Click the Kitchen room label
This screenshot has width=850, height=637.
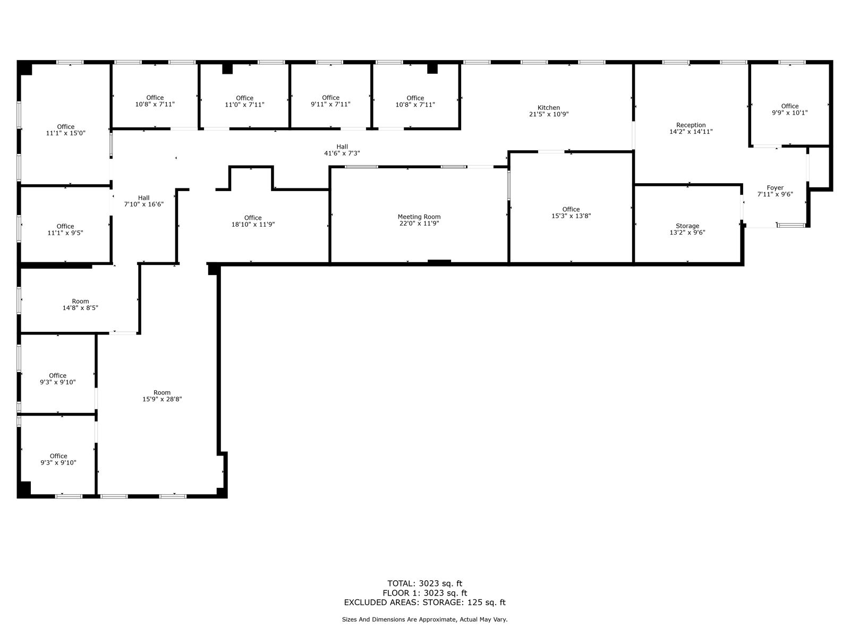coord(548,108)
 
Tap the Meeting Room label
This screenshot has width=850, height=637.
coord(419,217)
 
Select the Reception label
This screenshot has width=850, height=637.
coord(691,125)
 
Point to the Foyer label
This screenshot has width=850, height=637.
coord(775,187)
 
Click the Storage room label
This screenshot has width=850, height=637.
coord(687,226)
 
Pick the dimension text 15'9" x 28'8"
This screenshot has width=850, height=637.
coord(162,399)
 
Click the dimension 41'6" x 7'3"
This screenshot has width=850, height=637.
coord(342,153)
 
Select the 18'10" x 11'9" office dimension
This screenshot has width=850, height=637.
coord(253,225)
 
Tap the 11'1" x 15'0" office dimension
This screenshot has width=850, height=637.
coord(65,133)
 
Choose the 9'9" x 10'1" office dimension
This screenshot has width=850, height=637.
coord(789,113)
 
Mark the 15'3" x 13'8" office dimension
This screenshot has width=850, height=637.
coord(571,216)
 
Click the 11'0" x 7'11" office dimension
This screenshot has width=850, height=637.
coord(244,105)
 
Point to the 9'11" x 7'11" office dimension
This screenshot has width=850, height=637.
coord(330,105)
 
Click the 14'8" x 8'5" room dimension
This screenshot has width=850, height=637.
coord(80,308)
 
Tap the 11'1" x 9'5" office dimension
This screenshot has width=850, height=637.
coord(65,233)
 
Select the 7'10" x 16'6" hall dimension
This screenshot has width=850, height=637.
coord(143,204)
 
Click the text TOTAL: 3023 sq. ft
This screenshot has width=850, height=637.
coord(425,583)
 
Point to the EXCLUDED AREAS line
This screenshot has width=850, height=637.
coord(425,602)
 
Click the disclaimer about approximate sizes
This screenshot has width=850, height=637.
coord(424,619)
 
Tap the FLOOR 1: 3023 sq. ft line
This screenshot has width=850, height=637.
coord(425,593)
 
